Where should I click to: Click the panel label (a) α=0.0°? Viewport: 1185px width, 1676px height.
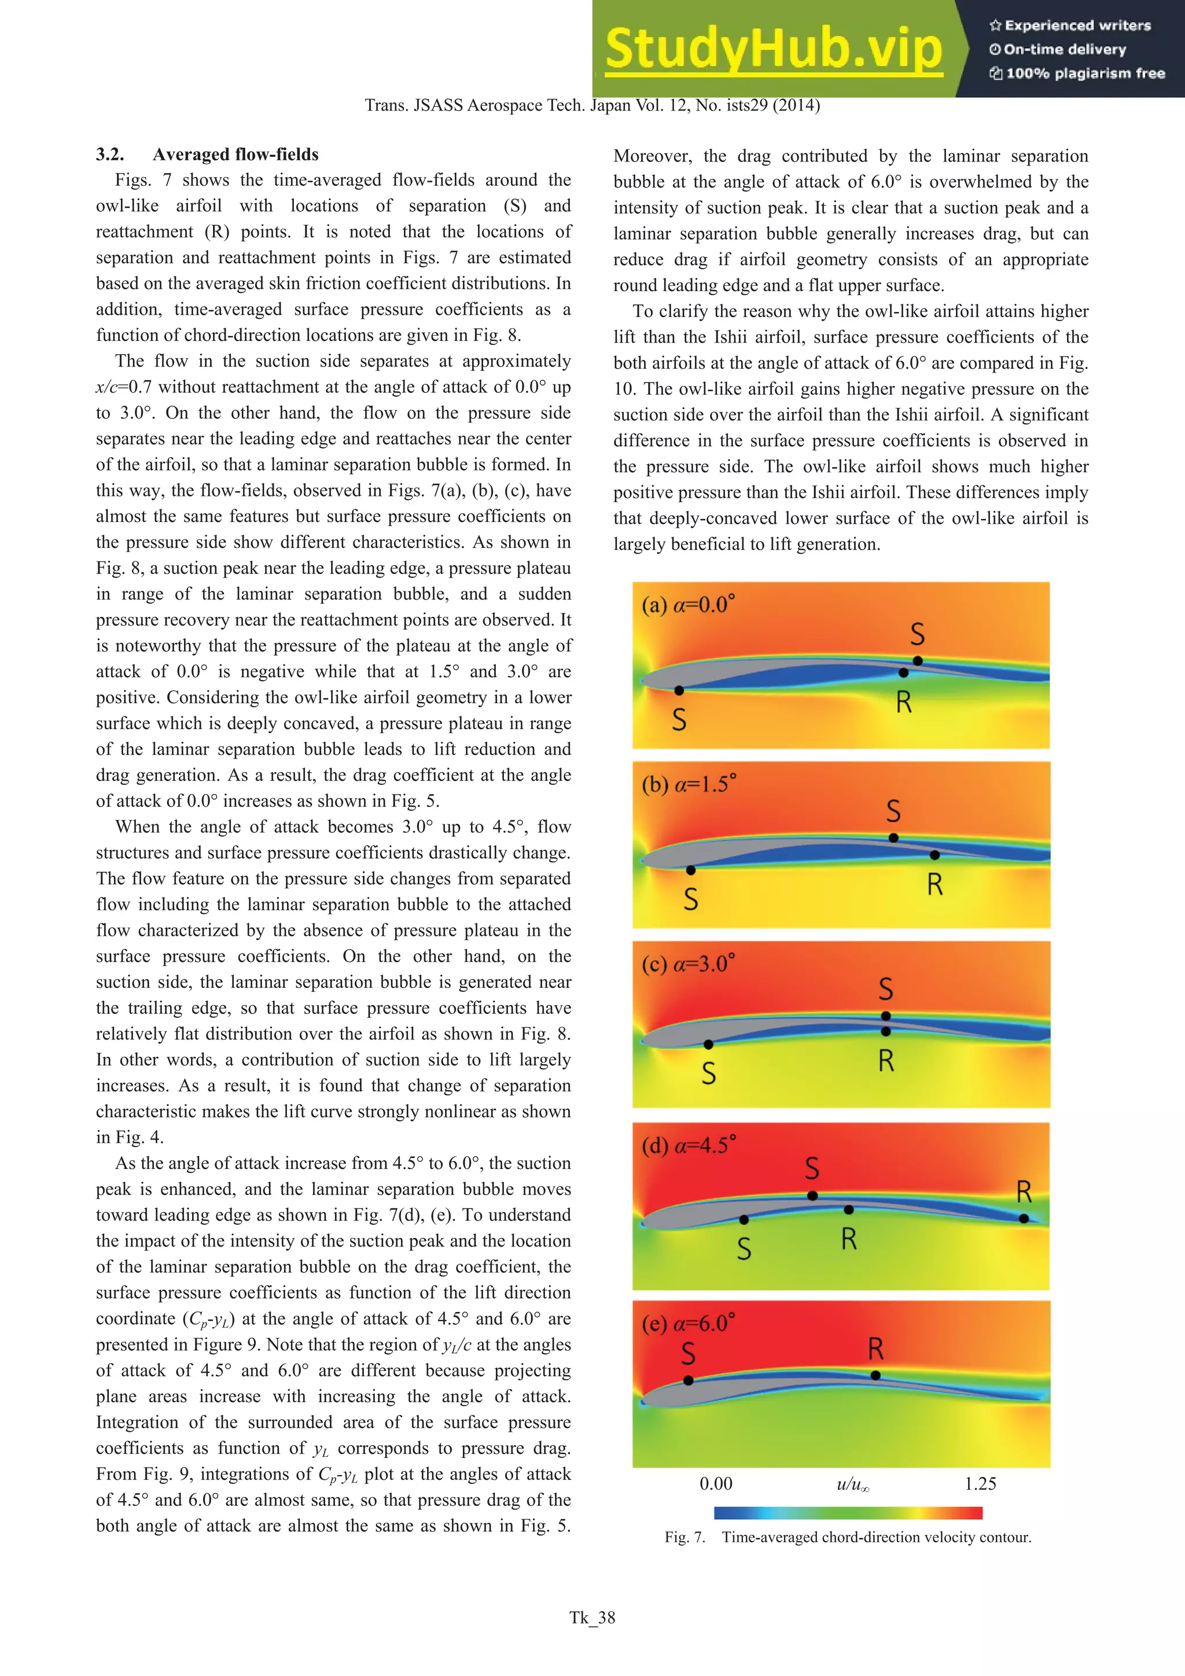pos(688,605)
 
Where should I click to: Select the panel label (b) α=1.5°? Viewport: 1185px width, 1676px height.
pos(689,785)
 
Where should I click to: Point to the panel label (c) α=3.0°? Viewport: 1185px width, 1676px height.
pos(688,964)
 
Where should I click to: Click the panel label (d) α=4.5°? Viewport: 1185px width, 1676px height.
pos(688,1145)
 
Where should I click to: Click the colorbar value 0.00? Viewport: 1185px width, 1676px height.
pos(716,1483)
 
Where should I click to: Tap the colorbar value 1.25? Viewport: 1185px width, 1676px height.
pos(980,1483)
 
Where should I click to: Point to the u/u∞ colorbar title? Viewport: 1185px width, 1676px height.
pos(852,1484)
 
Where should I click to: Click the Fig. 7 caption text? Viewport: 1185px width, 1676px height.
pos(848,1537)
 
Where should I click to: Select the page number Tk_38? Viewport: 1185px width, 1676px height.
pos(592,1618)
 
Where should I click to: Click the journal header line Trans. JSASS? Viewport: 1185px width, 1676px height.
pos(592,105)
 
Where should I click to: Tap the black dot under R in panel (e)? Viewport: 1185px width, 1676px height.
pos(875,1375)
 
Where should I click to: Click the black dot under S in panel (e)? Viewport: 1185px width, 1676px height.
pos(688,1380)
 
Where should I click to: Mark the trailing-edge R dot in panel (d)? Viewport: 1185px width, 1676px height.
pos(1024,1218)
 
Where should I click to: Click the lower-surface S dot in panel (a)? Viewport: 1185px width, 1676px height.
pos(679,690)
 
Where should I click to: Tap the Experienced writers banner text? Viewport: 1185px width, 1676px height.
pos(1070,25)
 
